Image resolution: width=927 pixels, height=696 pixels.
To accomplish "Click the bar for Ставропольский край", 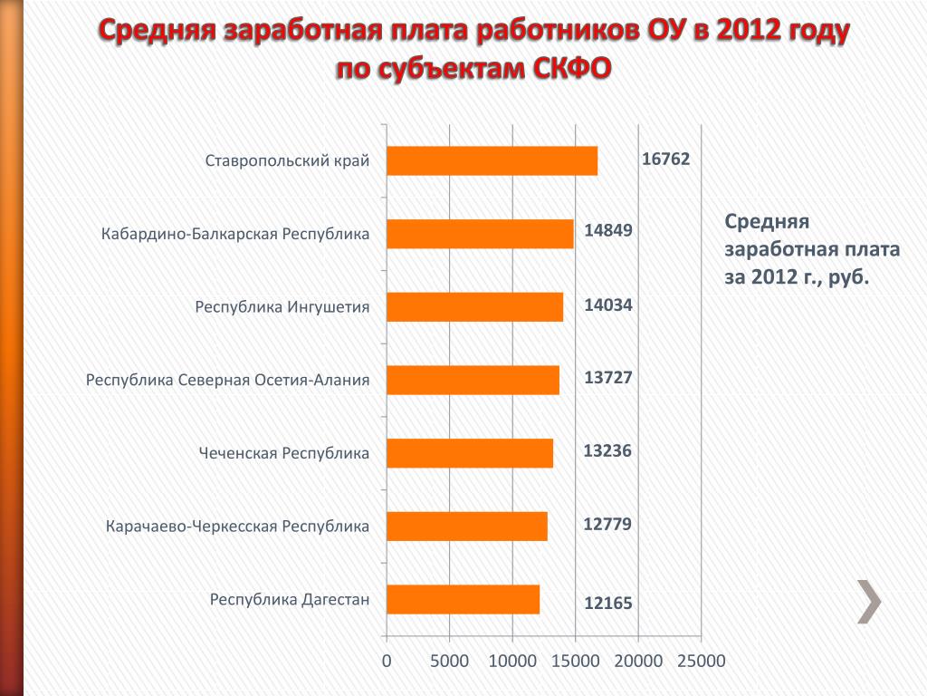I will coord(492,160).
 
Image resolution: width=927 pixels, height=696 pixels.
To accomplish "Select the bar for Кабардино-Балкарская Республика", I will coord(480,234).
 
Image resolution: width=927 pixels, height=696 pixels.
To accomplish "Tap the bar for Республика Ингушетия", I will coord(474,307).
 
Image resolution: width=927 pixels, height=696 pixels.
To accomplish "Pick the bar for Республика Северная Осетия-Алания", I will coord(473,380).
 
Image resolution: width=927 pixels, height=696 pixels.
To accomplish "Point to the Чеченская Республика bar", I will coord(469,453).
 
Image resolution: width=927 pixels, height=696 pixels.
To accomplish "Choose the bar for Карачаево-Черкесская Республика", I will coord(466,526).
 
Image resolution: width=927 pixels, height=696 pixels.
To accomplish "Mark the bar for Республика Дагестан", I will coord(463,599).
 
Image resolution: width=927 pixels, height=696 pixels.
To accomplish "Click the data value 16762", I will coord(665,159).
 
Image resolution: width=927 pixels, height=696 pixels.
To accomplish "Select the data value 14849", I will coord(607,231).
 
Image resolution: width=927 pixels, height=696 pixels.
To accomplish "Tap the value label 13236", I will coord(607,451).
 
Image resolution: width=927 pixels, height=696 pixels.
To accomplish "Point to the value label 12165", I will coord(607,604).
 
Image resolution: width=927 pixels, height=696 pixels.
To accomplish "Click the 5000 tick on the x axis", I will coord(449,662).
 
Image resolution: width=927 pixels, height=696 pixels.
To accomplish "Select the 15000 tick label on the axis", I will coord(576,662).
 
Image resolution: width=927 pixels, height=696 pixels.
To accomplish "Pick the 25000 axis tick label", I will coord(701,662).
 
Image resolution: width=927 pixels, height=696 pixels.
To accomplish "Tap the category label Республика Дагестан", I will coord(290,600).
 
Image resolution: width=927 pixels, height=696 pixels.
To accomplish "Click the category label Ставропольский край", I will coord(287,161).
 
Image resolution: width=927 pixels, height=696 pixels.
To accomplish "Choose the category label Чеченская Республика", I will coord(284,453).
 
